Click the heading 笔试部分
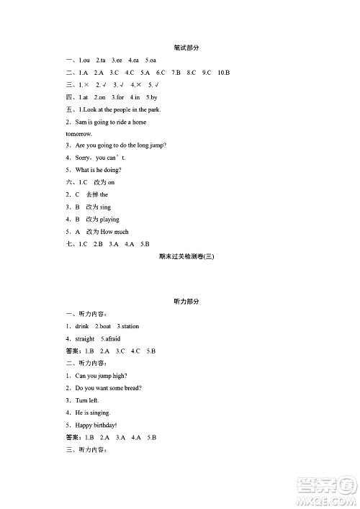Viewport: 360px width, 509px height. pos(186,48)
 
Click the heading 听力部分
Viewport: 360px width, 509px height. pos(186,302)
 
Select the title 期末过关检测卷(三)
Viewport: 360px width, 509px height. pos(186,257)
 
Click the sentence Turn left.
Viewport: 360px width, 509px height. pos(87,400)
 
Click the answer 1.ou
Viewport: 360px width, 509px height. pos(83,60)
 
